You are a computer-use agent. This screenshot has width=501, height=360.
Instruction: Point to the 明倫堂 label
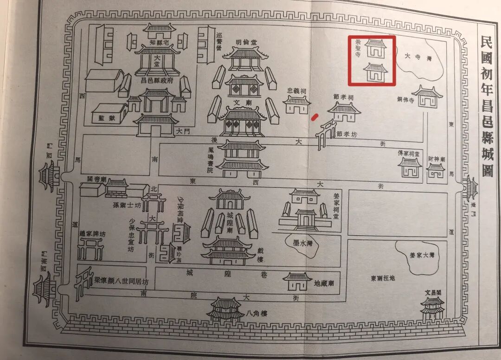(x=246, y=42)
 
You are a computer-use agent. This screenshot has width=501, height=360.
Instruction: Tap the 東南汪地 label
(x=383, y=279)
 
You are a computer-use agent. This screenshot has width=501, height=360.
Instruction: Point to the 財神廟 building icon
(x=436, y=170)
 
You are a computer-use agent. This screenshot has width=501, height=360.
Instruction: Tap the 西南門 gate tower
(x=43, y=288)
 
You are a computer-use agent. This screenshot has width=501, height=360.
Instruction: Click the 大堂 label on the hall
(x=157, y=59)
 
